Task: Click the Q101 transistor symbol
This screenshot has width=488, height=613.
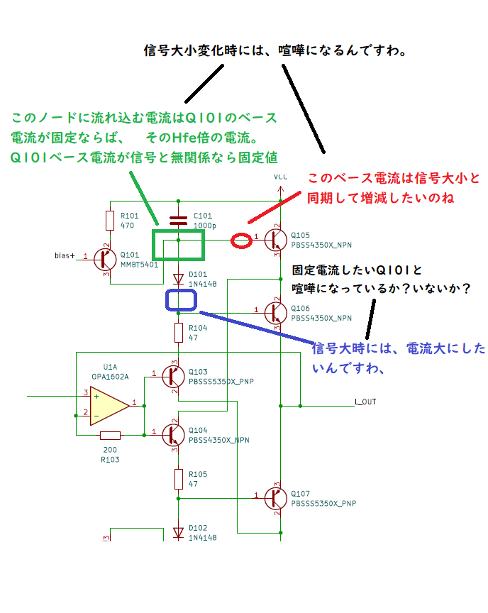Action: (x=105, y=259)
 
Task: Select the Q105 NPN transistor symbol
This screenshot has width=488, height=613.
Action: (x=276, y=240)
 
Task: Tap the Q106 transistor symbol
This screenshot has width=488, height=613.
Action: (x=276, y=313)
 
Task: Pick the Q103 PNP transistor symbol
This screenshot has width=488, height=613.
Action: (x=174, y=376)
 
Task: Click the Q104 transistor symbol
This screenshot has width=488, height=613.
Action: (x=174, y=435)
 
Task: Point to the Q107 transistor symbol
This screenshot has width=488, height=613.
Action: (x=276, y=498)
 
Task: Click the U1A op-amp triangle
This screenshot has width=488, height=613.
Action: (x=110, y=406)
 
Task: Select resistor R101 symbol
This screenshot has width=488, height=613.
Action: (x=110, y=221)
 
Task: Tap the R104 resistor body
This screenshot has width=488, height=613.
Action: (x=179, y=333)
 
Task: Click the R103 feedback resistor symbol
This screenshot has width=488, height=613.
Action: (x=110, y=435)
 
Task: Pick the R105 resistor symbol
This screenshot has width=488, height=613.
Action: (x=179, y=479)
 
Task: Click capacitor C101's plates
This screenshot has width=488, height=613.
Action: (x=179, y=221)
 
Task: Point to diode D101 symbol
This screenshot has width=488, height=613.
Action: (x=179, y=279)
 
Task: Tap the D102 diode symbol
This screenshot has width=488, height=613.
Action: (x=179, y=532)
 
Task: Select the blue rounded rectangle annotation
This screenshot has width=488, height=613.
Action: (x=166, y=300)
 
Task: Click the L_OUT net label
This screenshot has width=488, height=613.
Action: (x=365, y=402)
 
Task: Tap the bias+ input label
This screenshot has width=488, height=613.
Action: (x=65, y=255)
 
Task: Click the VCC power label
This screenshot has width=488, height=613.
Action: (x=281, y=177)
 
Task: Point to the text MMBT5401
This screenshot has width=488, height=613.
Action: (x=139, y=265)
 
